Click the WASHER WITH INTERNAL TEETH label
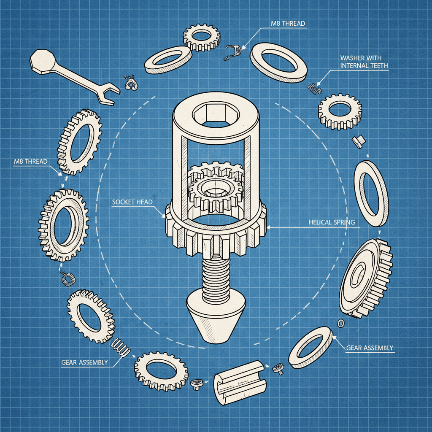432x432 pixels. coord(364,62)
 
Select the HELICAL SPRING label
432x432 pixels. coord(332,222)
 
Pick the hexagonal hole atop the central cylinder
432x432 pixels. coord(215,113)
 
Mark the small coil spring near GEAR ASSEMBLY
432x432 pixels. coord(119,347)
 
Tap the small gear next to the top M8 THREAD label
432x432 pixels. coord(201,38)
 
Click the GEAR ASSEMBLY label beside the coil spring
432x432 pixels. coord(84,362)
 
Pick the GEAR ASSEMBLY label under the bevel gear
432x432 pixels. coord(370,348)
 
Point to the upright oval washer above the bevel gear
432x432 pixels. coord(371,193)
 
